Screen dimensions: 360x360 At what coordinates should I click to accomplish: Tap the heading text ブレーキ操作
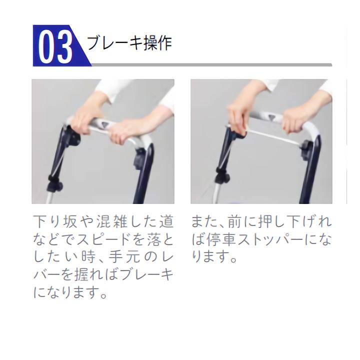pos(129,43)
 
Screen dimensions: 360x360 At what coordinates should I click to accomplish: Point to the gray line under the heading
pos(210,65)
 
